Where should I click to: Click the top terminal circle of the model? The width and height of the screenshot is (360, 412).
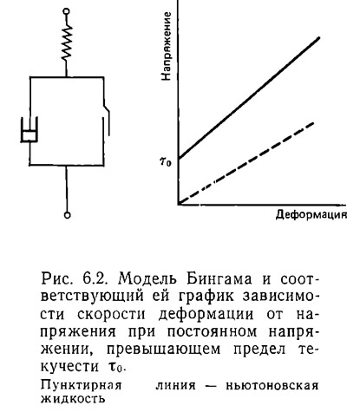pyautogui.click(x=66, y=12)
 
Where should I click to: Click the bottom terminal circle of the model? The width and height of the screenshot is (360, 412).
pyautogui.click(x=67, y=215)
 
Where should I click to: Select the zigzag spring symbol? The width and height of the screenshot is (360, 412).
pyautogui.click(x=67, y=43)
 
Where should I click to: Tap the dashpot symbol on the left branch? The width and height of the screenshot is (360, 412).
pyautogui.click(x=29, y=130)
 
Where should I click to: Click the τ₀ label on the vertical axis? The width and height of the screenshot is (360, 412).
pyautogui.click(x=166, y=161)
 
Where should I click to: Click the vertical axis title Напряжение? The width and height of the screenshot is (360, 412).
pyautogui.click(x=167, y=46)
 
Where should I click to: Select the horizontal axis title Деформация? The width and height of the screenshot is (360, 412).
pyautogui.click(x=311, y=215)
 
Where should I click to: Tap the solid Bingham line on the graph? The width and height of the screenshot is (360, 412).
pyautogui.click(x=249, y=98)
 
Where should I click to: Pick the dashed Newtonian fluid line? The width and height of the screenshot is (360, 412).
pyautogui.click(x=246, y=163)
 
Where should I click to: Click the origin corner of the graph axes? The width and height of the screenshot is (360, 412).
pyautogui.click(x=179, y=205)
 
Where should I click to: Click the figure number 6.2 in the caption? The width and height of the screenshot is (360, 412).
pyautogui.click(x=95, y=279)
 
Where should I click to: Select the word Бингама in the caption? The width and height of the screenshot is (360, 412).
pyautogui.click(x=219, y=279)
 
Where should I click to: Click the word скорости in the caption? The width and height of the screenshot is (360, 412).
pyautogui.click(x=111, y=315)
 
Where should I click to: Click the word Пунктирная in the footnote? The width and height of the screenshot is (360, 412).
pyautogui.click(x=82, y=386)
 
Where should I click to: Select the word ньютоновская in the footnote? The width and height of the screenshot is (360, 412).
pyautogui.click(x=272, y=385)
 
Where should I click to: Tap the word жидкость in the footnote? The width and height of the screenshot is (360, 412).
pyautogui.click(x=73, y=399)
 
